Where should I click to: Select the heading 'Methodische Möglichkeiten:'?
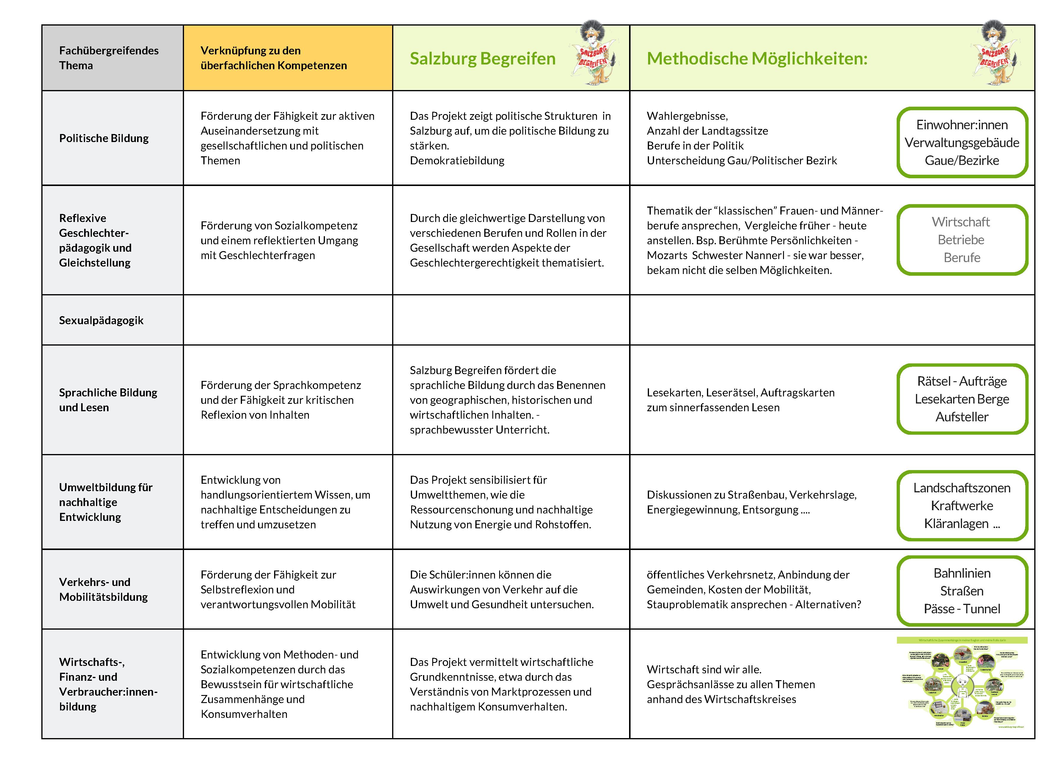[757, 59]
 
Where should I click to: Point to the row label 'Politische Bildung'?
[104, 138]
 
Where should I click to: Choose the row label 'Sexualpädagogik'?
[101, 320]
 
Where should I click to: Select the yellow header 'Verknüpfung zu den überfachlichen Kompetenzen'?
[273, 58]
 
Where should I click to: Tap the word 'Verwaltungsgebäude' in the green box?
[961, 142]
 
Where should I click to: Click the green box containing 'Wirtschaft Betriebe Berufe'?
[961, 239]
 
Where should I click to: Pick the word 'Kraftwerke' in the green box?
[961, 505]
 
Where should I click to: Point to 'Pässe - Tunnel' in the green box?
[961, 609]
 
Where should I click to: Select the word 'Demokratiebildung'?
[457, 160]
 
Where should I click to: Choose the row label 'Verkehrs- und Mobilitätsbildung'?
[103, 590]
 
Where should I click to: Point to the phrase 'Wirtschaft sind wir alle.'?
[704, 669]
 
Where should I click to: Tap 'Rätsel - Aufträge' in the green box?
[961, 381]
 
